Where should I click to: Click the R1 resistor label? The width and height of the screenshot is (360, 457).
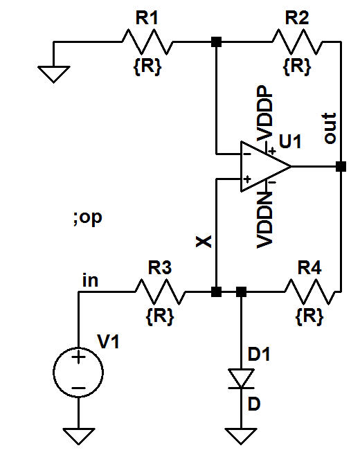pyautogui.click(x=147, y=19)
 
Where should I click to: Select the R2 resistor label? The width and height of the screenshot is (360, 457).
pyautogui.click(x=297, y=19)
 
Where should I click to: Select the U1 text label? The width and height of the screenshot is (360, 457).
pyautogui.click(x=290, y=143)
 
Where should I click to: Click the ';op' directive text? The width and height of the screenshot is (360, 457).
pyautogui.click(x=87, y=219)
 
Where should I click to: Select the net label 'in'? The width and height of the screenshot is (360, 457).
pyautogui.click(x=90, y=280)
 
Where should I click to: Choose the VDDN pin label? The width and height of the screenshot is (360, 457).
pyautogui.click(x=264, y=220)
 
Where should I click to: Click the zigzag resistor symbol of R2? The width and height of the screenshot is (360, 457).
pyautogui.click(x=298, y=42)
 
